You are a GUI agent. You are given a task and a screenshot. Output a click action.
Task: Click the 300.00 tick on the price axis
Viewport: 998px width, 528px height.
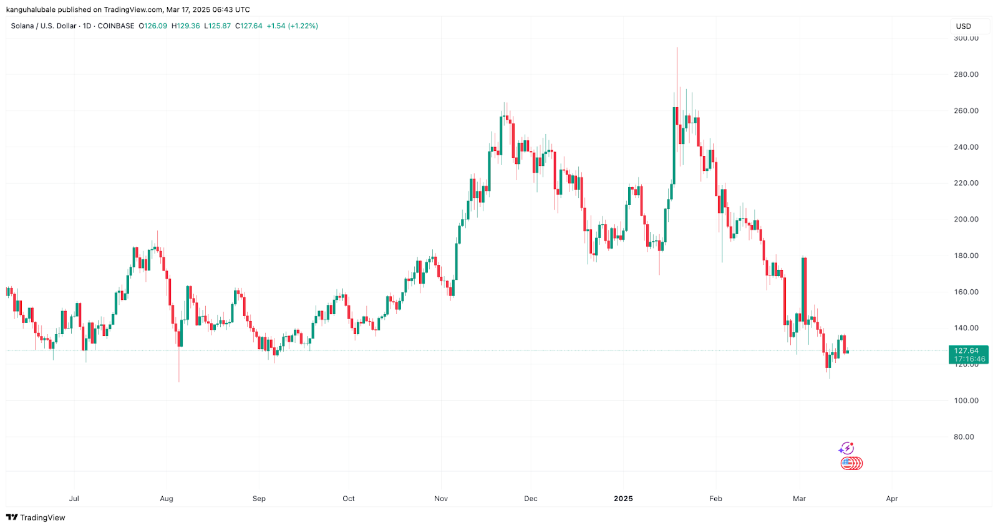click(x=966, y=38)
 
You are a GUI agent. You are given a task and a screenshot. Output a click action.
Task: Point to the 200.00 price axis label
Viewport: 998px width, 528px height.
click(x=966, y=219)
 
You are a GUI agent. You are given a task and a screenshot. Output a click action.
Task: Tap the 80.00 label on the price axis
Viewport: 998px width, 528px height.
click(x=964, y=437)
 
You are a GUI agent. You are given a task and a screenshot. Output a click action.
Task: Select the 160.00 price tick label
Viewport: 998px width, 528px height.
click(x=966, y=292)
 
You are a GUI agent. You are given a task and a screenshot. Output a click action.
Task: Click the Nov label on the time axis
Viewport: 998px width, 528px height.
click(x=441, y=499)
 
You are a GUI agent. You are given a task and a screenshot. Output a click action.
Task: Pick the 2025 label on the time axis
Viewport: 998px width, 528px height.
click(x=623, y=499)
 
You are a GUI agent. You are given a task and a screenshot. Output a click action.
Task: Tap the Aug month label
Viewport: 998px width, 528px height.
click(x=167, y=499)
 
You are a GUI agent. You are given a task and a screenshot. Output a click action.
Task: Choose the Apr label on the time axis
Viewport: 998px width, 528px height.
click(x=892, y=499)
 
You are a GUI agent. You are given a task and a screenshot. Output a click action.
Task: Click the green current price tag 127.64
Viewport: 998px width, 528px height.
click(x=966, y=351)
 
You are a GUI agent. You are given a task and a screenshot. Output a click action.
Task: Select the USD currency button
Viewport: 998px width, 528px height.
click(x=964, y=26)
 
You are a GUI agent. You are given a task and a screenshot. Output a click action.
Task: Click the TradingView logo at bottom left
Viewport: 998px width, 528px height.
click(x=36, y=517)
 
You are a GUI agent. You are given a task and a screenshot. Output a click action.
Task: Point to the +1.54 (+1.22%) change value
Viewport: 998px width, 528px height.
click(x=292, y=26)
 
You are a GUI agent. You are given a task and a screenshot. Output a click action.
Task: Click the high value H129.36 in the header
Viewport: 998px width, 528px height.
click(x=186, y=26)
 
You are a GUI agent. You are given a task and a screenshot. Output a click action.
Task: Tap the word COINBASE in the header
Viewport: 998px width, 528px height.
click(x=116, y=26)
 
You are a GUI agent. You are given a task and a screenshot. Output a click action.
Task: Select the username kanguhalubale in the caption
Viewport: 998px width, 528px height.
click(x=31, y=9)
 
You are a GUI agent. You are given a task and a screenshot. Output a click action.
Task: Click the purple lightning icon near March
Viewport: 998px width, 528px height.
click(x=846, y=448)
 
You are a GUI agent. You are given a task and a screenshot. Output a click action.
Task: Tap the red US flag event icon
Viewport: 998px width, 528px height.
click(x=851, y=463)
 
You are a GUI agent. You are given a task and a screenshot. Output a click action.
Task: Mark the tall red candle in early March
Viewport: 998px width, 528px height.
click(x=805, y=290)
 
